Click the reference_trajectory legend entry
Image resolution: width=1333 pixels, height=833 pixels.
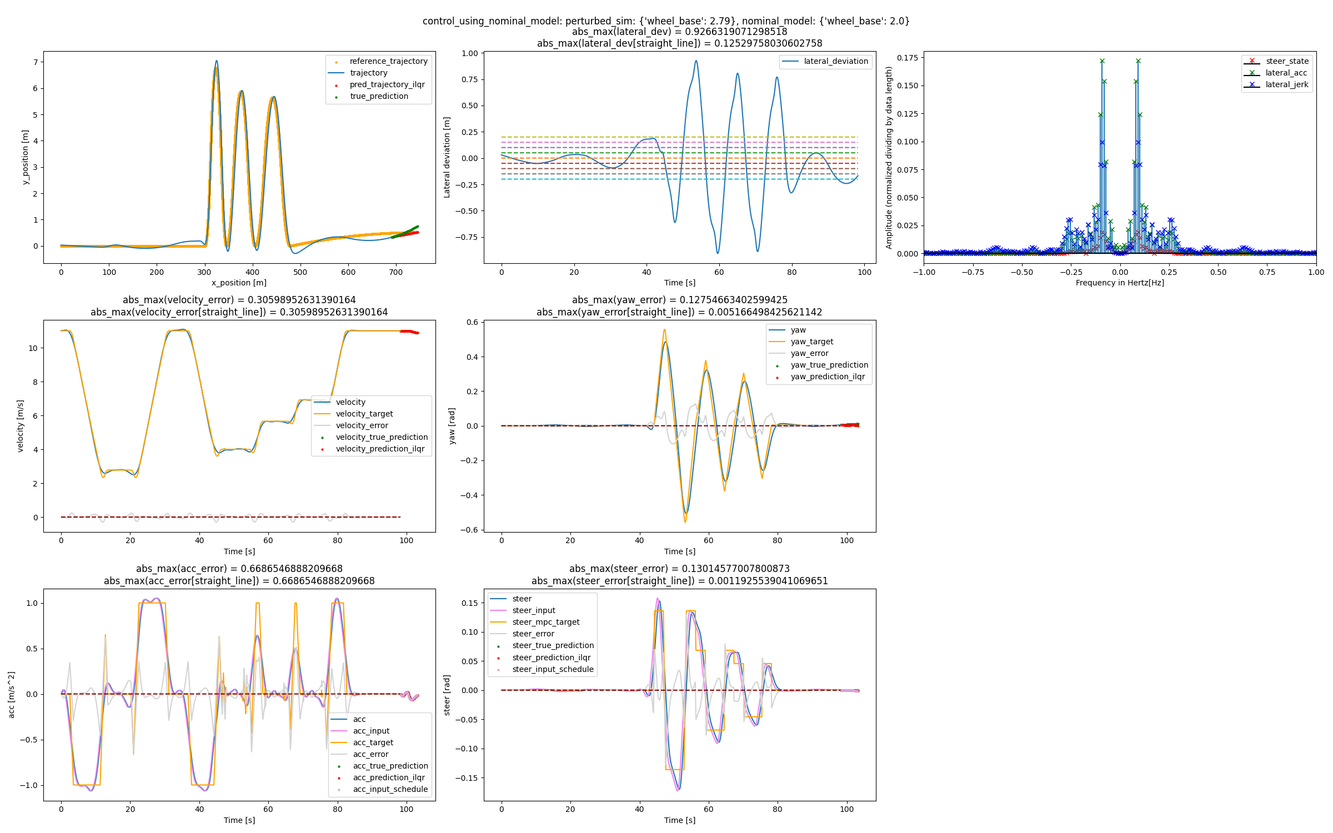(388, 61)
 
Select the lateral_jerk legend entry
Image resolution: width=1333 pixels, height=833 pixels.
(1286, 84)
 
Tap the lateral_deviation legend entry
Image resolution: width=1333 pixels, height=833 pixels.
(835, 61)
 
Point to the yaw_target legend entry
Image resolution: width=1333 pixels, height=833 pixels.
(811, 342)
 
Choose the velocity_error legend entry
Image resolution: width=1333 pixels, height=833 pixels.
(362, 425)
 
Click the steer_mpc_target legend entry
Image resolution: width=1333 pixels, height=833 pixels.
(545, 622)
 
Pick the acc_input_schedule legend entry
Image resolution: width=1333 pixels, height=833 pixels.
(390, 789)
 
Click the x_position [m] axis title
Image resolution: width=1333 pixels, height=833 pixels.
(239, 283)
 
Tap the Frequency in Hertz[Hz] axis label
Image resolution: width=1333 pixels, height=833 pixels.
(1120, 283)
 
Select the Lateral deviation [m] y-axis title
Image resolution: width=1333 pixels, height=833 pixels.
(447, 157)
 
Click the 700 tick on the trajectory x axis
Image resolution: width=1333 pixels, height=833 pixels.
(395, 272)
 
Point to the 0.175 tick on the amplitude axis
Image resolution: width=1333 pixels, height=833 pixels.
(907, 58)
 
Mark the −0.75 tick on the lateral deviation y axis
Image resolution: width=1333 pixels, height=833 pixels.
(467, 237)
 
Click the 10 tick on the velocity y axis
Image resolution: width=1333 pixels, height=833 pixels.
(33, 348)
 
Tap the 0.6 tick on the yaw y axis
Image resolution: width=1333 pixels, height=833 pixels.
(472, 322)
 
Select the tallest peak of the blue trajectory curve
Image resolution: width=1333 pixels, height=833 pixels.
(217, 61)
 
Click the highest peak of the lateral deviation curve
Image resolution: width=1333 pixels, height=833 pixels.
(696, 61)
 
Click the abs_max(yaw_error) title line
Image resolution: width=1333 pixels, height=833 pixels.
(679, 300)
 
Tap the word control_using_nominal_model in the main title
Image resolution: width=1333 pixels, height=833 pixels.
(491, 21)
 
